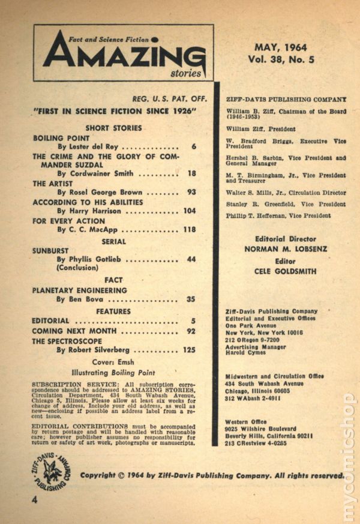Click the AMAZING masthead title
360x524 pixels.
tap(123, 57)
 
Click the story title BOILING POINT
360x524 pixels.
tap(61, 137)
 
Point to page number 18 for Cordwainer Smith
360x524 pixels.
tap(192, 173)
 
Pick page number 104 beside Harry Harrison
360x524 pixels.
tap(190, 211)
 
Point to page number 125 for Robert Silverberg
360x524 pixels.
tap(190, 350)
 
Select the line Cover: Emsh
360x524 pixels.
tap(113, 363)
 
